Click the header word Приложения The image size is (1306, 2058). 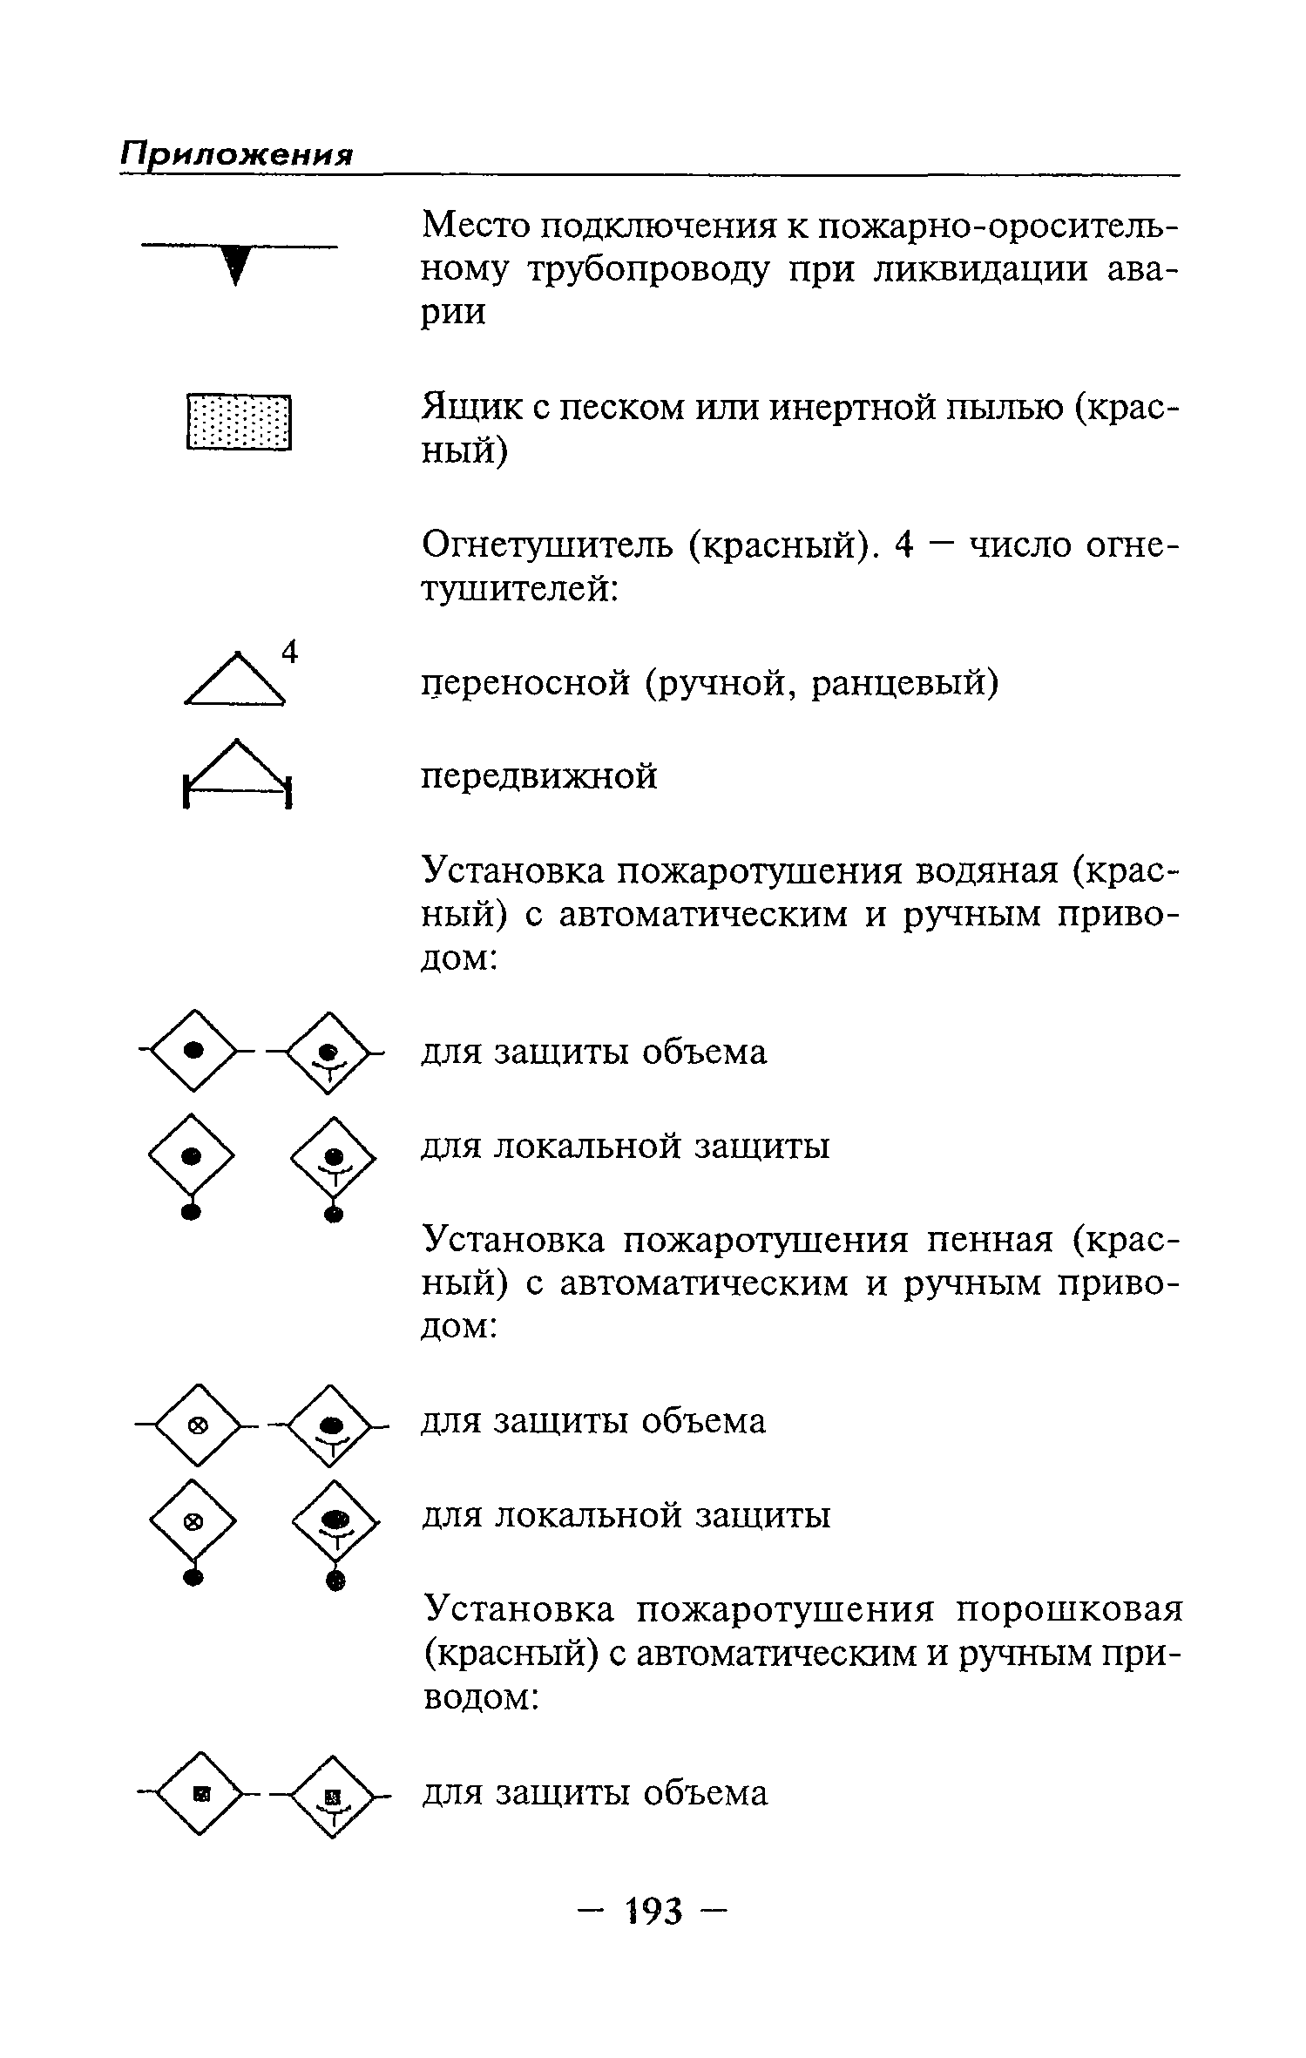click(x=236, y=155)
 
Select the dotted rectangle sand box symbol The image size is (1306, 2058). click(x=239, y=423)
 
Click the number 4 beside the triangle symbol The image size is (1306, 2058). click(x=290, y=653)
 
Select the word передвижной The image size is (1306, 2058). click(x=539, y=775)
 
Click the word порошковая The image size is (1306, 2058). click(x=1069, y=1608)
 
